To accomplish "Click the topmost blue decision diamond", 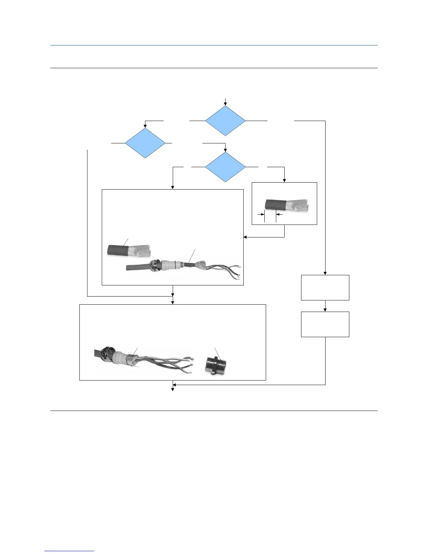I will (x=226, y=121).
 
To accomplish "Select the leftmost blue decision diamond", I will (x=145, y=143).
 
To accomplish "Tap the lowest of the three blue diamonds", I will (x=226, y=167).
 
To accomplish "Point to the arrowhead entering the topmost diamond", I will (x=226, y=104).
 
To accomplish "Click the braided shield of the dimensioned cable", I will (x=297, y=207).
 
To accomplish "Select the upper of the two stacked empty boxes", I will (x=325, y=287).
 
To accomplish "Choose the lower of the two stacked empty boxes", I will (x=325, y=324).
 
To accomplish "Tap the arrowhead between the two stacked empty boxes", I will (x=325, y=310).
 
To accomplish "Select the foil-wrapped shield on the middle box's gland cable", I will (x=203, y=265).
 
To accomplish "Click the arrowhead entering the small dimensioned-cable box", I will (x=284, y=180).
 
